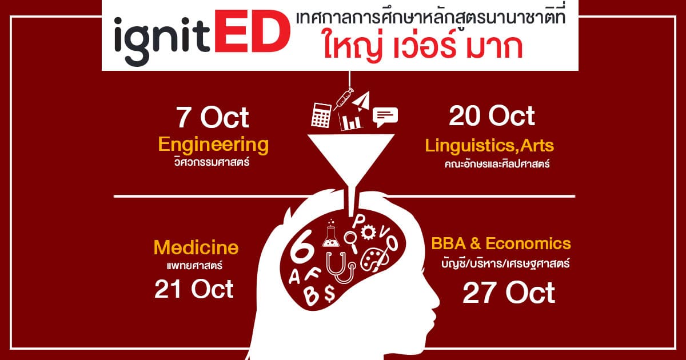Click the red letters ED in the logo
(252, 31)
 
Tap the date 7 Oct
(213, 118)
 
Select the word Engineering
(213, 145)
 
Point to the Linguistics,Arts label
(489, 146)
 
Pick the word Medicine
(196, 247)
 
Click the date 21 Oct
(194, 289)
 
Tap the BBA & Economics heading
(501, 243)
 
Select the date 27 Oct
(509, 293)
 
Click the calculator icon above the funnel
(321, 115)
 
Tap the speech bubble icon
(385, 117)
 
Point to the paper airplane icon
(362, 101)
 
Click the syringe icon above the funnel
(344, 98)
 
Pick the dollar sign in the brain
(329, 293)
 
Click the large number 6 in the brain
(302, 250)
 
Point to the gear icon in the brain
(368, 232)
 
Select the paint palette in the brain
(371, 259)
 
